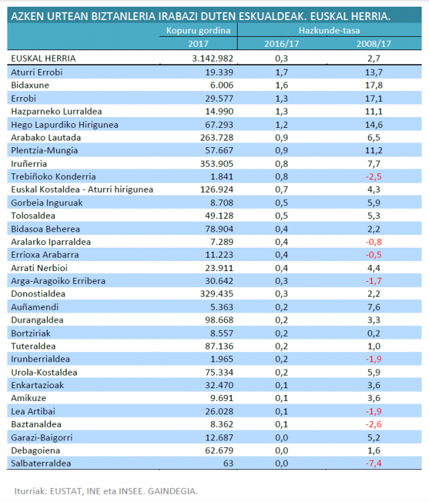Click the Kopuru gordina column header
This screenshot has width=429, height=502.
(198, 31)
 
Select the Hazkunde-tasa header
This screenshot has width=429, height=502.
(329, 30)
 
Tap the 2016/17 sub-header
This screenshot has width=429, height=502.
(281, 44)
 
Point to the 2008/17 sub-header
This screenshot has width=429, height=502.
(373, 44)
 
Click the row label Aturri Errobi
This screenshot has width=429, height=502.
(37, 72)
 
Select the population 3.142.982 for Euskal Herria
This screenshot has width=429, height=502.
(213, 59)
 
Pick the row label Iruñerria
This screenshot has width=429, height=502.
(29, 164)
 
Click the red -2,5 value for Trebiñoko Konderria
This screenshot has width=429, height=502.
(373, 177)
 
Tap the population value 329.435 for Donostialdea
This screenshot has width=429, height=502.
(217, 294)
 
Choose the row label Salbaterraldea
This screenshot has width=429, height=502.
(41, 464)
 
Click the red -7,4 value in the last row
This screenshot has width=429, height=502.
(373, 464)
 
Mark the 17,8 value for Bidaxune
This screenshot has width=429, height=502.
(373, 86)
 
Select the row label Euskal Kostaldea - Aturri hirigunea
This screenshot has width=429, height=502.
(82, 190)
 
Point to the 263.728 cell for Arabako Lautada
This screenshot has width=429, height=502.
(217, 138)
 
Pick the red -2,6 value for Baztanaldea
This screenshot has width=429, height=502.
(373, 424)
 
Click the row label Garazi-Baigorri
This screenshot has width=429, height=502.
(41, 438)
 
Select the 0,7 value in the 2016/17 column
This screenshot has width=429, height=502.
(281, 189)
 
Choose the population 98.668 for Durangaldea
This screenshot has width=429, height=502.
(220, 320)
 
